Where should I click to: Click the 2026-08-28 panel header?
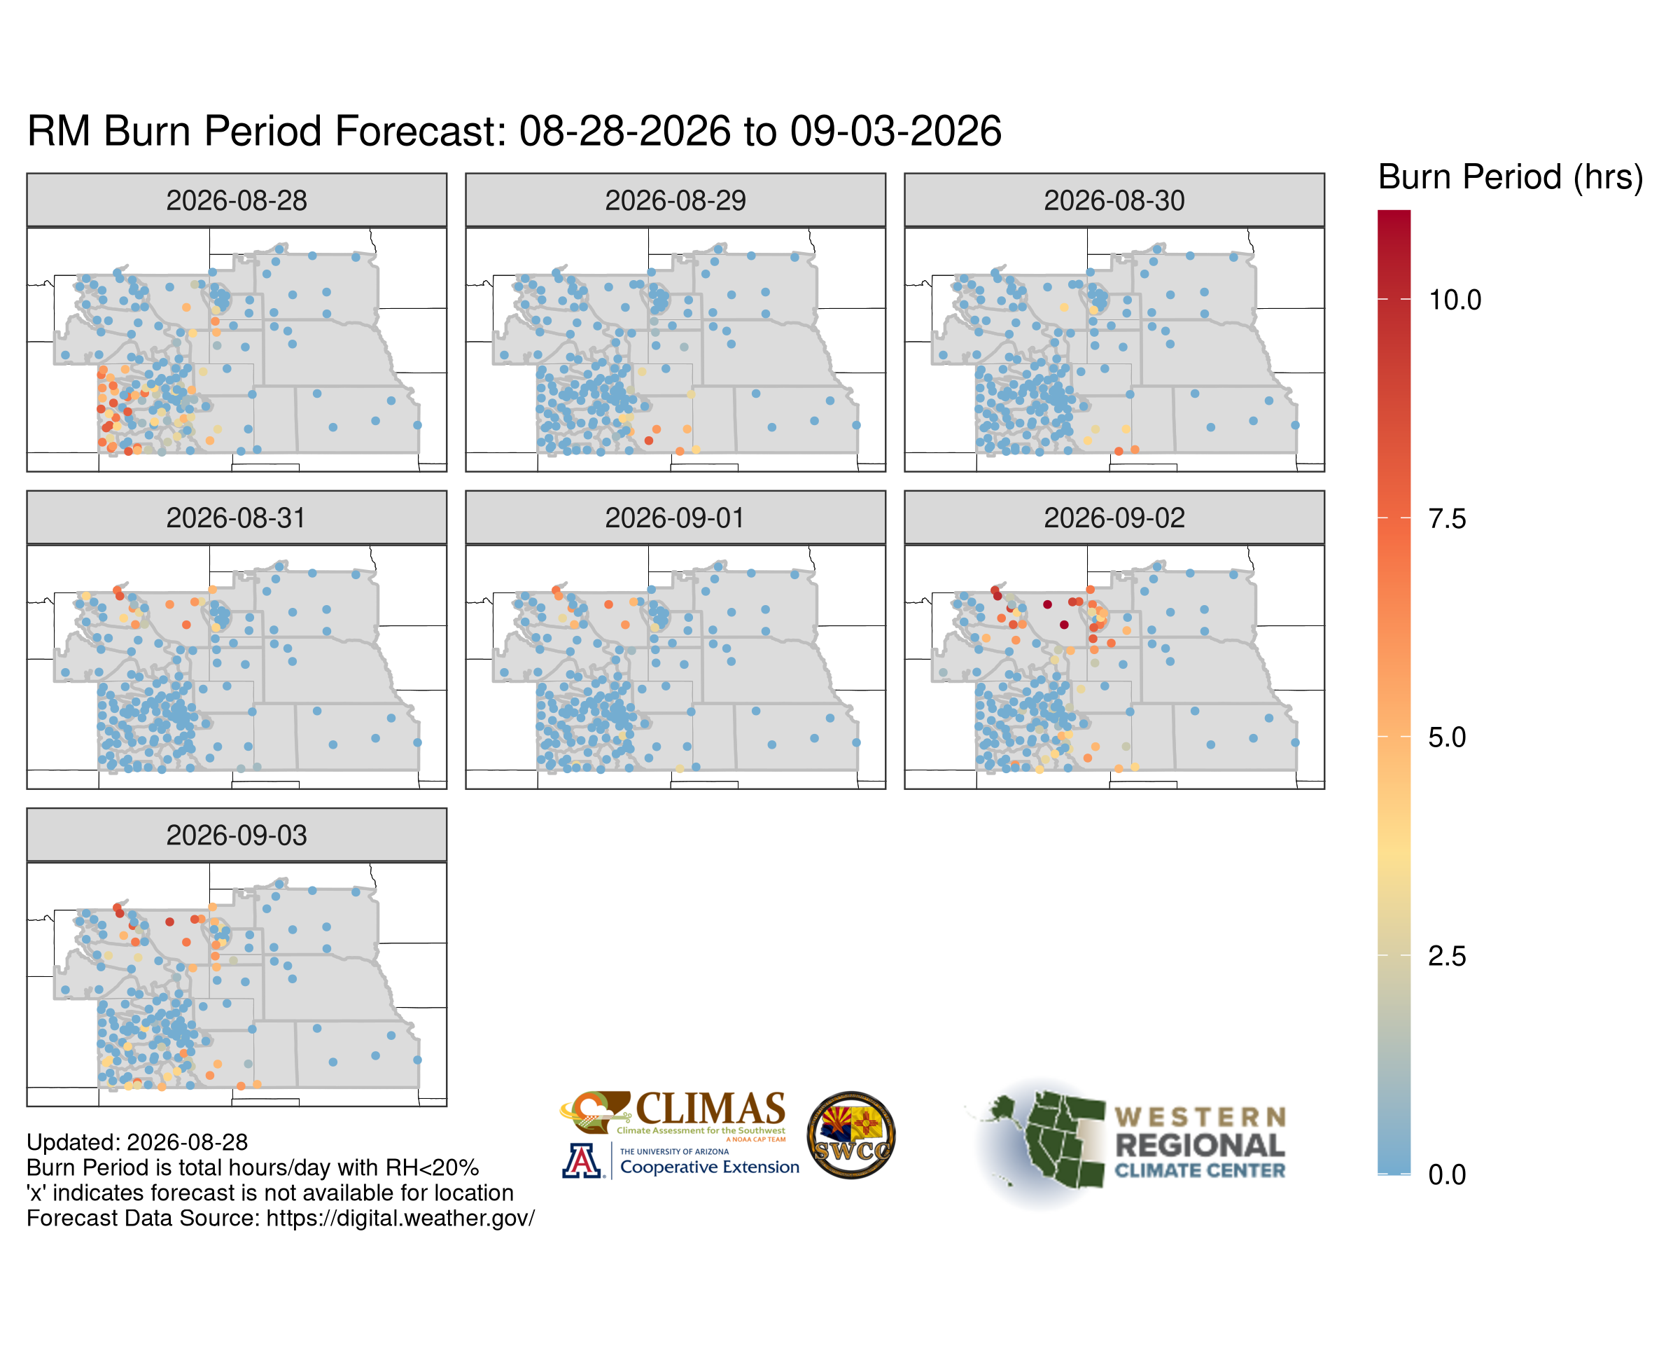point(237,200)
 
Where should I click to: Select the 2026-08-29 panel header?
point(675,200)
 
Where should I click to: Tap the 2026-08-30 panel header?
point(1114,200)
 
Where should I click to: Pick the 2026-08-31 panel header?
point(237,518)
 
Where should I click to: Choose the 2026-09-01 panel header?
point(675,518)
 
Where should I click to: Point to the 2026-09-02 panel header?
point(1114,518)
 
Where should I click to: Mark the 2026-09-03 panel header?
point(237,835)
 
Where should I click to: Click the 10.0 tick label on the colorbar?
point(1454,299)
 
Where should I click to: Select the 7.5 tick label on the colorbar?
point(1447,518)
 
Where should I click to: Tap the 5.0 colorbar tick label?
point(1447,737)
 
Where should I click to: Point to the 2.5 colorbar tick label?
point(1447,957)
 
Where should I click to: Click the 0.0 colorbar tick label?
point(1447,1174)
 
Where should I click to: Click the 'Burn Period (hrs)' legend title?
point(1510,178)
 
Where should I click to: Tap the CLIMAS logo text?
point(710,1109)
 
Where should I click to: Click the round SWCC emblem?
point(851,1135)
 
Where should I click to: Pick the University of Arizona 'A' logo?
point(582,1160)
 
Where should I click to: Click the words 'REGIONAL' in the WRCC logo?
point(1200,1145)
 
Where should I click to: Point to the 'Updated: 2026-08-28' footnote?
point(137,1143)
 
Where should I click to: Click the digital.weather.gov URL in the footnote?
point(400,1218)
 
